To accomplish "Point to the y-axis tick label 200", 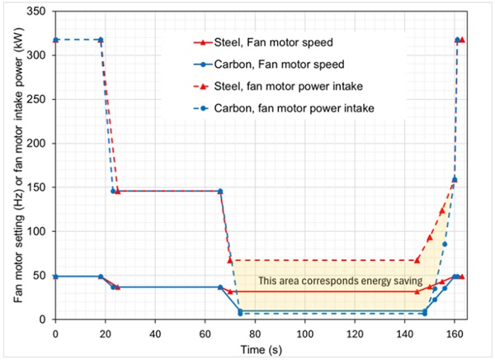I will click(37, 143).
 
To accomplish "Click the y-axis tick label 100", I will click(37, 231).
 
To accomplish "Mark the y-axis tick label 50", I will click(40, 276).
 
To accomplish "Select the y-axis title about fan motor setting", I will click(14, 165).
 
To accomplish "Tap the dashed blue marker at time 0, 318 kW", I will click(55, 40).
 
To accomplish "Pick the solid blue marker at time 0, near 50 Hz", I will click(55, 276).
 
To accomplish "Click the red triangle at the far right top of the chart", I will click(461, 40).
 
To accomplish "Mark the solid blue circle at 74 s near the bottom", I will click(240, 311).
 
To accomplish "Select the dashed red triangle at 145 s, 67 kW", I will click(417, 260).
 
